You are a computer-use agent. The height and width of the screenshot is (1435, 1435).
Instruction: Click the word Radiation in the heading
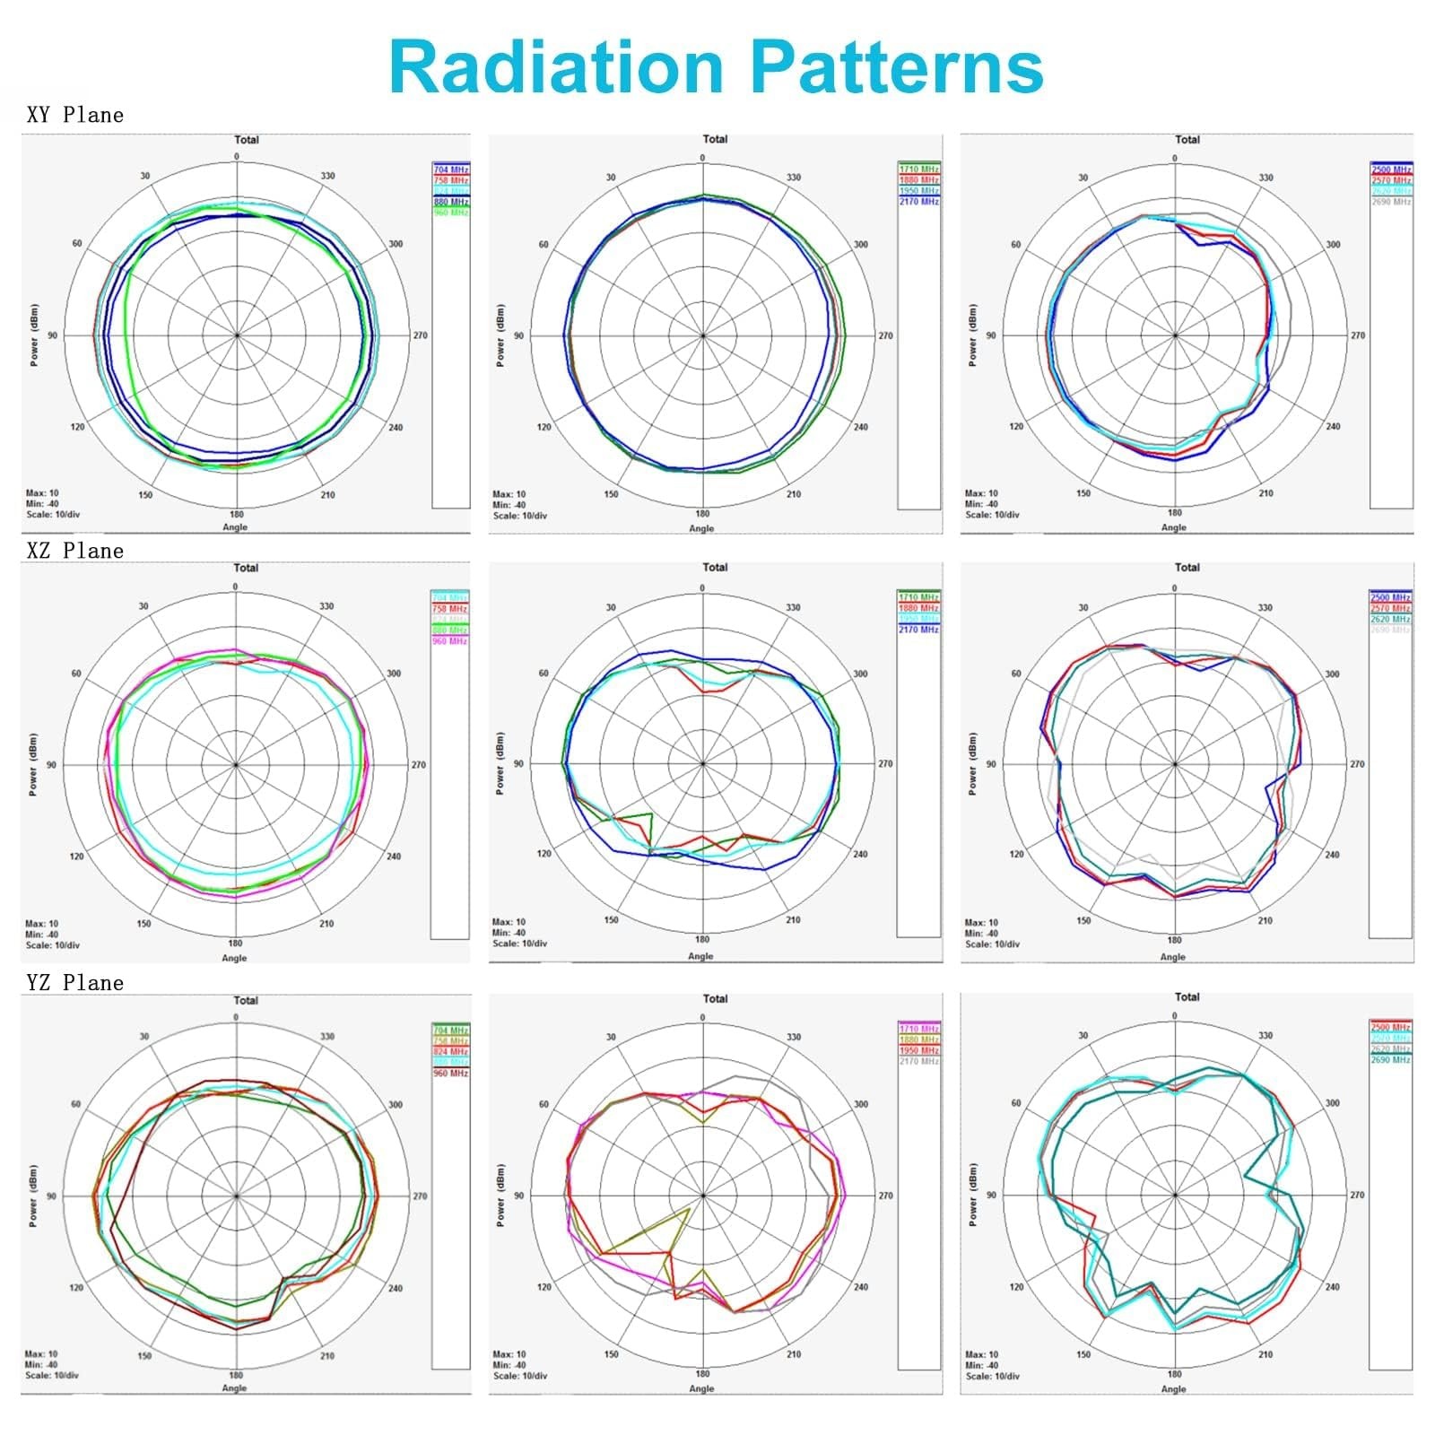556,67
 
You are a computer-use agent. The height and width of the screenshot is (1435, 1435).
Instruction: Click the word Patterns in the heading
897,67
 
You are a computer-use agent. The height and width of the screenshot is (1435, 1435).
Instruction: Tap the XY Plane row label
75,115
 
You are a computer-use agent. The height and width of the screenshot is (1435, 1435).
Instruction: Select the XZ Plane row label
75,551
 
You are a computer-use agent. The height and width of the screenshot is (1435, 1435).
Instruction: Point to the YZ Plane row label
75,983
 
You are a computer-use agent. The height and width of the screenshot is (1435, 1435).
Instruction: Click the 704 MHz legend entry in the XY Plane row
451,170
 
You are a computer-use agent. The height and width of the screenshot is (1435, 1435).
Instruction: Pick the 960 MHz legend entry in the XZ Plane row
450,641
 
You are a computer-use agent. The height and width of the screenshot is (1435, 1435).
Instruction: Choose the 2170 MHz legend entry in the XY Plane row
919,202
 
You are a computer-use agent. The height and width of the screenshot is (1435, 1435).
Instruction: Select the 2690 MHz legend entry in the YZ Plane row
1390,1059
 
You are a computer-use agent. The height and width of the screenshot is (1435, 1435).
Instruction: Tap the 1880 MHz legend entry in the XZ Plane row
919,608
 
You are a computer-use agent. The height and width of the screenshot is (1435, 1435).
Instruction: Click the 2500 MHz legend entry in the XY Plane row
1391,170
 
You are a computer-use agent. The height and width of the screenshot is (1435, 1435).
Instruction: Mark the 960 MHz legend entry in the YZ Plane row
451,1073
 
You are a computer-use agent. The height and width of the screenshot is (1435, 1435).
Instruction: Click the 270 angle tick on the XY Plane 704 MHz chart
421,335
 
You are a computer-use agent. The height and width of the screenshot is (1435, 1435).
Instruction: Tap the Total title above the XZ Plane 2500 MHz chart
1187,567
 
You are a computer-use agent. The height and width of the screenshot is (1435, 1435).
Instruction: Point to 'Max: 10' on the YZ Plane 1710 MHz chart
509,1354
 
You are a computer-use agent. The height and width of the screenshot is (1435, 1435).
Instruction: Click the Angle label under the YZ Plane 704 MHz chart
234,1387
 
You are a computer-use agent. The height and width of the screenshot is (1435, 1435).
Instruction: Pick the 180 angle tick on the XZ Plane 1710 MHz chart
702,939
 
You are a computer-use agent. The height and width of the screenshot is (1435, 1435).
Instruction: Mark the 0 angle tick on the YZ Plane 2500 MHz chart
1174,1016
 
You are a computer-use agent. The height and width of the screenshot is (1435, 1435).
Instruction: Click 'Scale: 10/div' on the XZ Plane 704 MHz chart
52,945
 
